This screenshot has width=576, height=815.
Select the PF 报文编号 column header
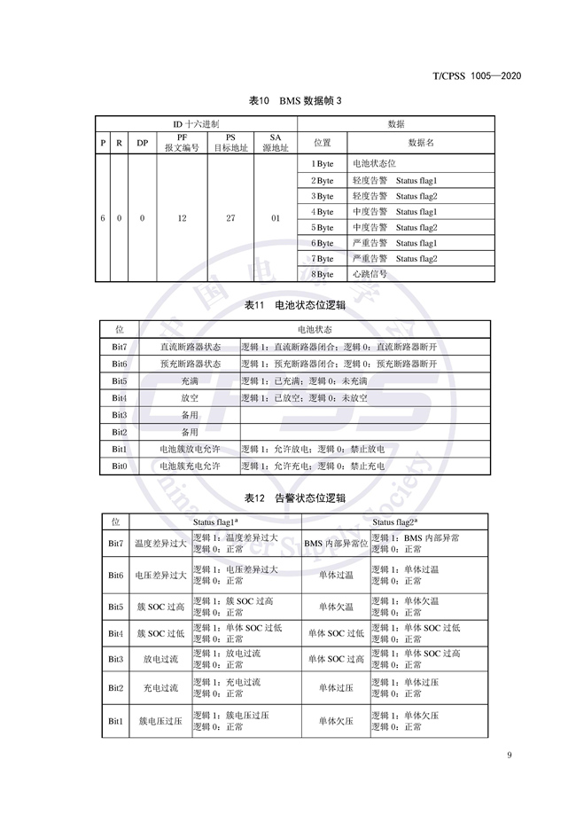182,144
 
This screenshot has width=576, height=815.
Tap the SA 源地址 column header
275,144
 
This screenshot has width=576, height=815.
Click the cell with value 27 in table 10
230,218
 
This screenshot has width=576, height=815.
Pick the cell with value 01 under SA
275,218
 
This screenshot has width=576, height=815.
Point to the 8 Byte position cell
323,274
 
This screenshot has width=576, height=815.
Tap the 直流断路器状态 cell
191,348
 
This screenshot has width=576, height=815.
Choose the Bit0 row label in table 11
120,466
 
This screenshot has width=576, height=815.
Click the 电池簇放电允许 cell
191,450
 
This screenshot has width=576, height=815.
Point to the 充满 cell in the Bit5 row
190,381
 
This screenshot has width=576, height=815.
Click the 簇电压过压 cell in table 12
160,722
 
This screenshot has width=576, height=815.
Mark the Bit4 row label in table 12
115,633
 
